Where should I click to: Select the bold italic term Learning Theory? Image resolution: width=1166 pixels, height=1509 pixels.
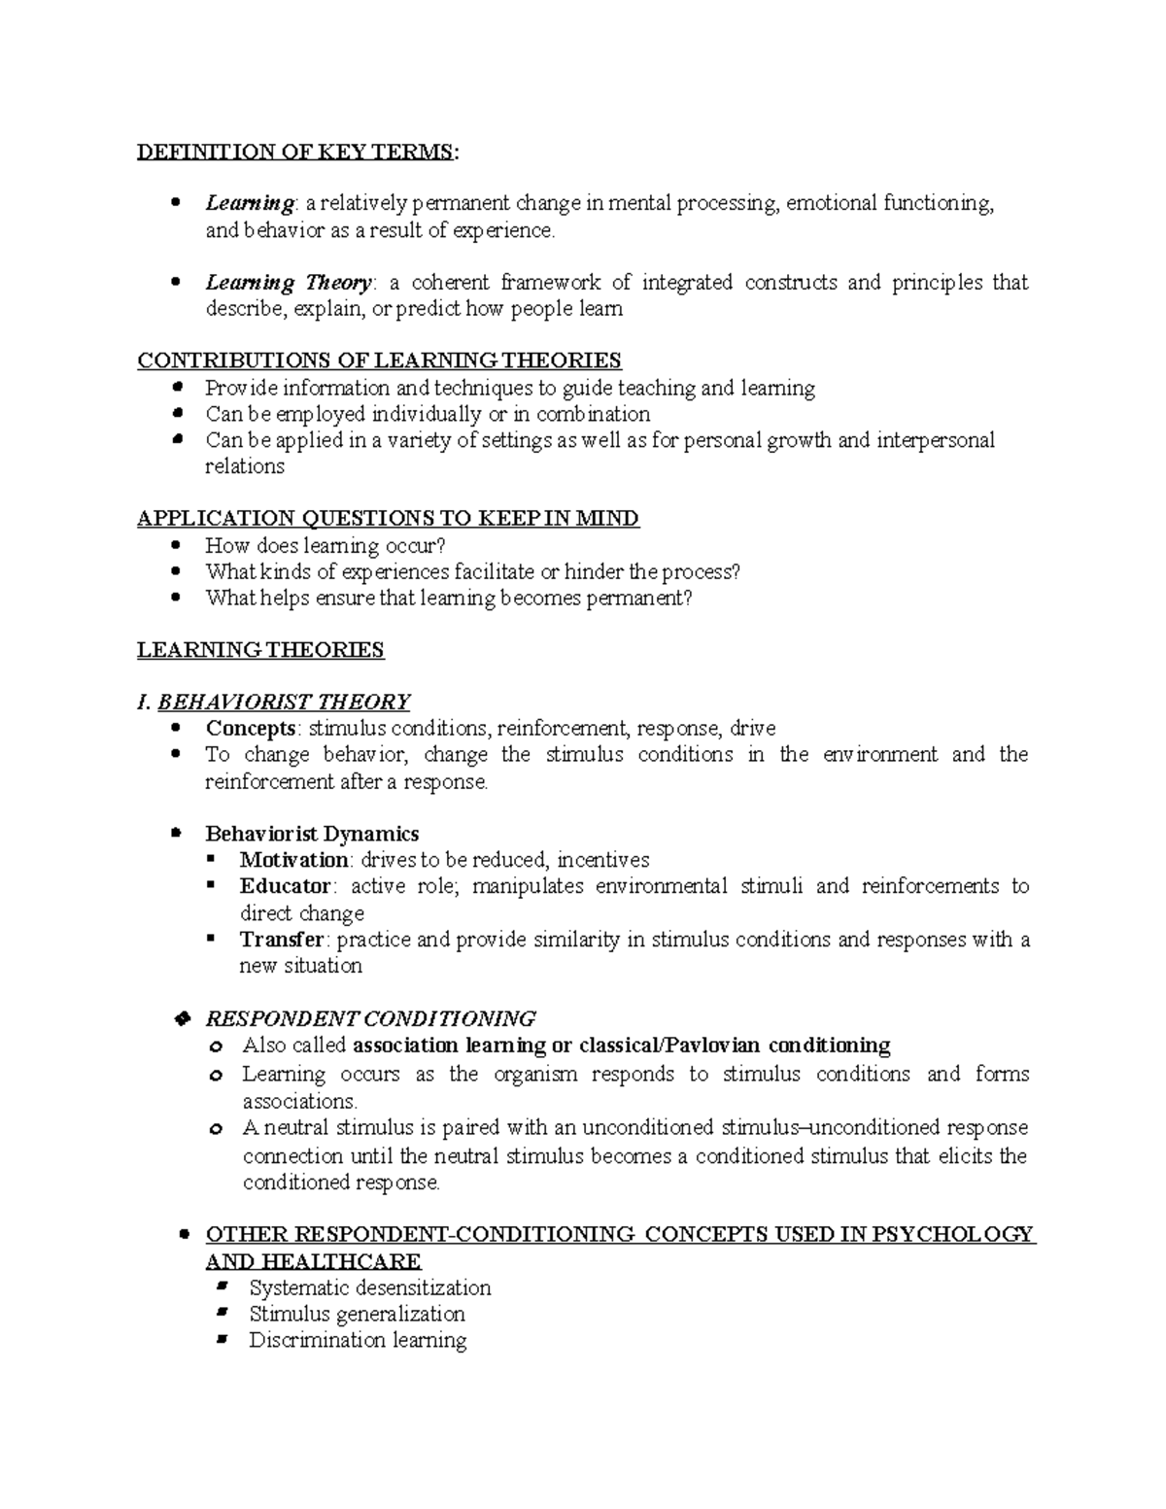(289, 283)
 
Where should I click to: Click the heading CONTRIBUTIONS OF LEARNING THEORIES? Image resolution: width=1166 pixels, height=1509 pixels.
(379, 360)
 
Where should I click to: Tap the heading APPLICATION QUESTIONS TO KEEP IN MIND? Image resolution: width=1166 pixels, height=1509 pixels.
(388, 518)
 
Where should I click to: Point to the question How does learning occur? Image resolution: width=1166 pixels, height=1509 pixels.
(325, 545)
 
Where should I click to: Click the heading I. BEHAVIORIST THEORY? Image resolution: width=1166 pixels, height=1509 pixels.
(274, 702)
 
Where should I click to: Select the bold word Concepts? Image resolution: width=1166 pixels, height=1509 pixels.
(250, 728)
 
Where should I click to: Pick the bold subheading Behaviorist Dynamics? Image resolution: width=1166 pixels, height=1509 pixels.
(312, 834)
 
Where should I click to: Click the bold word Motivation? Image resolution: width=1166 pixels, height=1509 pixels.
(293, 860)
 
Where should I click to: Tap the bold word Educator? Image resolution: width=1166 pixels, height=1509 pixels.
(286, 886)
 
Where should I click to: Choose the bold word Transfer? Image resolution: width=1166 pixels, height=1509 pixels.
(282, 940)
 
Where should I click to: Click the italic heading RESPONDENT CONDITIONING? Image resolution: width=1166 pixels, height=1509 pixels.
(370, 1018)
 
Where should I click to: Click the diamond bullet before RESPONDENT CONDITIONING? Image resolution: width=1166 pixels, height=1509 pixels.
(178, 1018)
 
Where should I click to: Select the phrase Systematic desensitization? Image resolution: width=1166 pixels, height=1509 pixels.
(369, 1287)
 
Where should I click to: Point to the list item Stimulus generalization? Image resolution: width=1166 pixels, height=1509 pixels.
(357, 1314)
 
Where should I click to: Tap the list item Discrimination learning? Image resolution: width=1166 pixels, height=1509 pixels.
(358, 1340)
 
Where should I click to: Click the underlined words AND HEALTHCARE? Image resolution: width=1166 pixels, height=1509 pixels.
(313, 1261)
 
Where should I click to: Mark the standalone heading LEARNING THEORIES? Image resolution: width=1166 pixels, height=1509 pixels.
(260, 650)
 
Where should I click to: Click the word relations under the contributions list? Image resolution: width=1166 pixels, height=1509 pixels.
(244, 466)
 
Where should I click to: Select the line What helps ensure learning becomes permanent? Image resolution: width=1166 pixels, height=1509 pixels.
(448, 598)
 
